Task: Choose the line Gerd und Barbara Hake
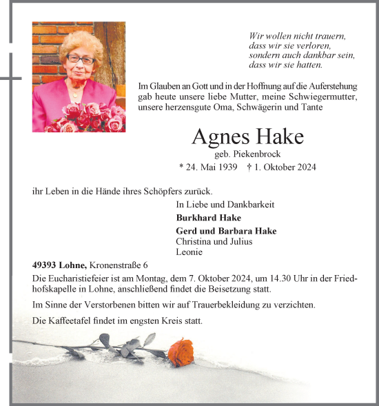pyautogui.click(x=226, y=231)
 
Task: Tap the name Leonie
pyautogui.click(x=189, y=252)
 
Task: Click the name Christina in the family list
pyautogui.click(x=196, y=241)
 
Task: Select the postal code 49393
pyautogui.click(x=45, y=265)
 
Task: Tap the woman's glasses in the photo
pyautogui.click(x=80, y=60)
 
